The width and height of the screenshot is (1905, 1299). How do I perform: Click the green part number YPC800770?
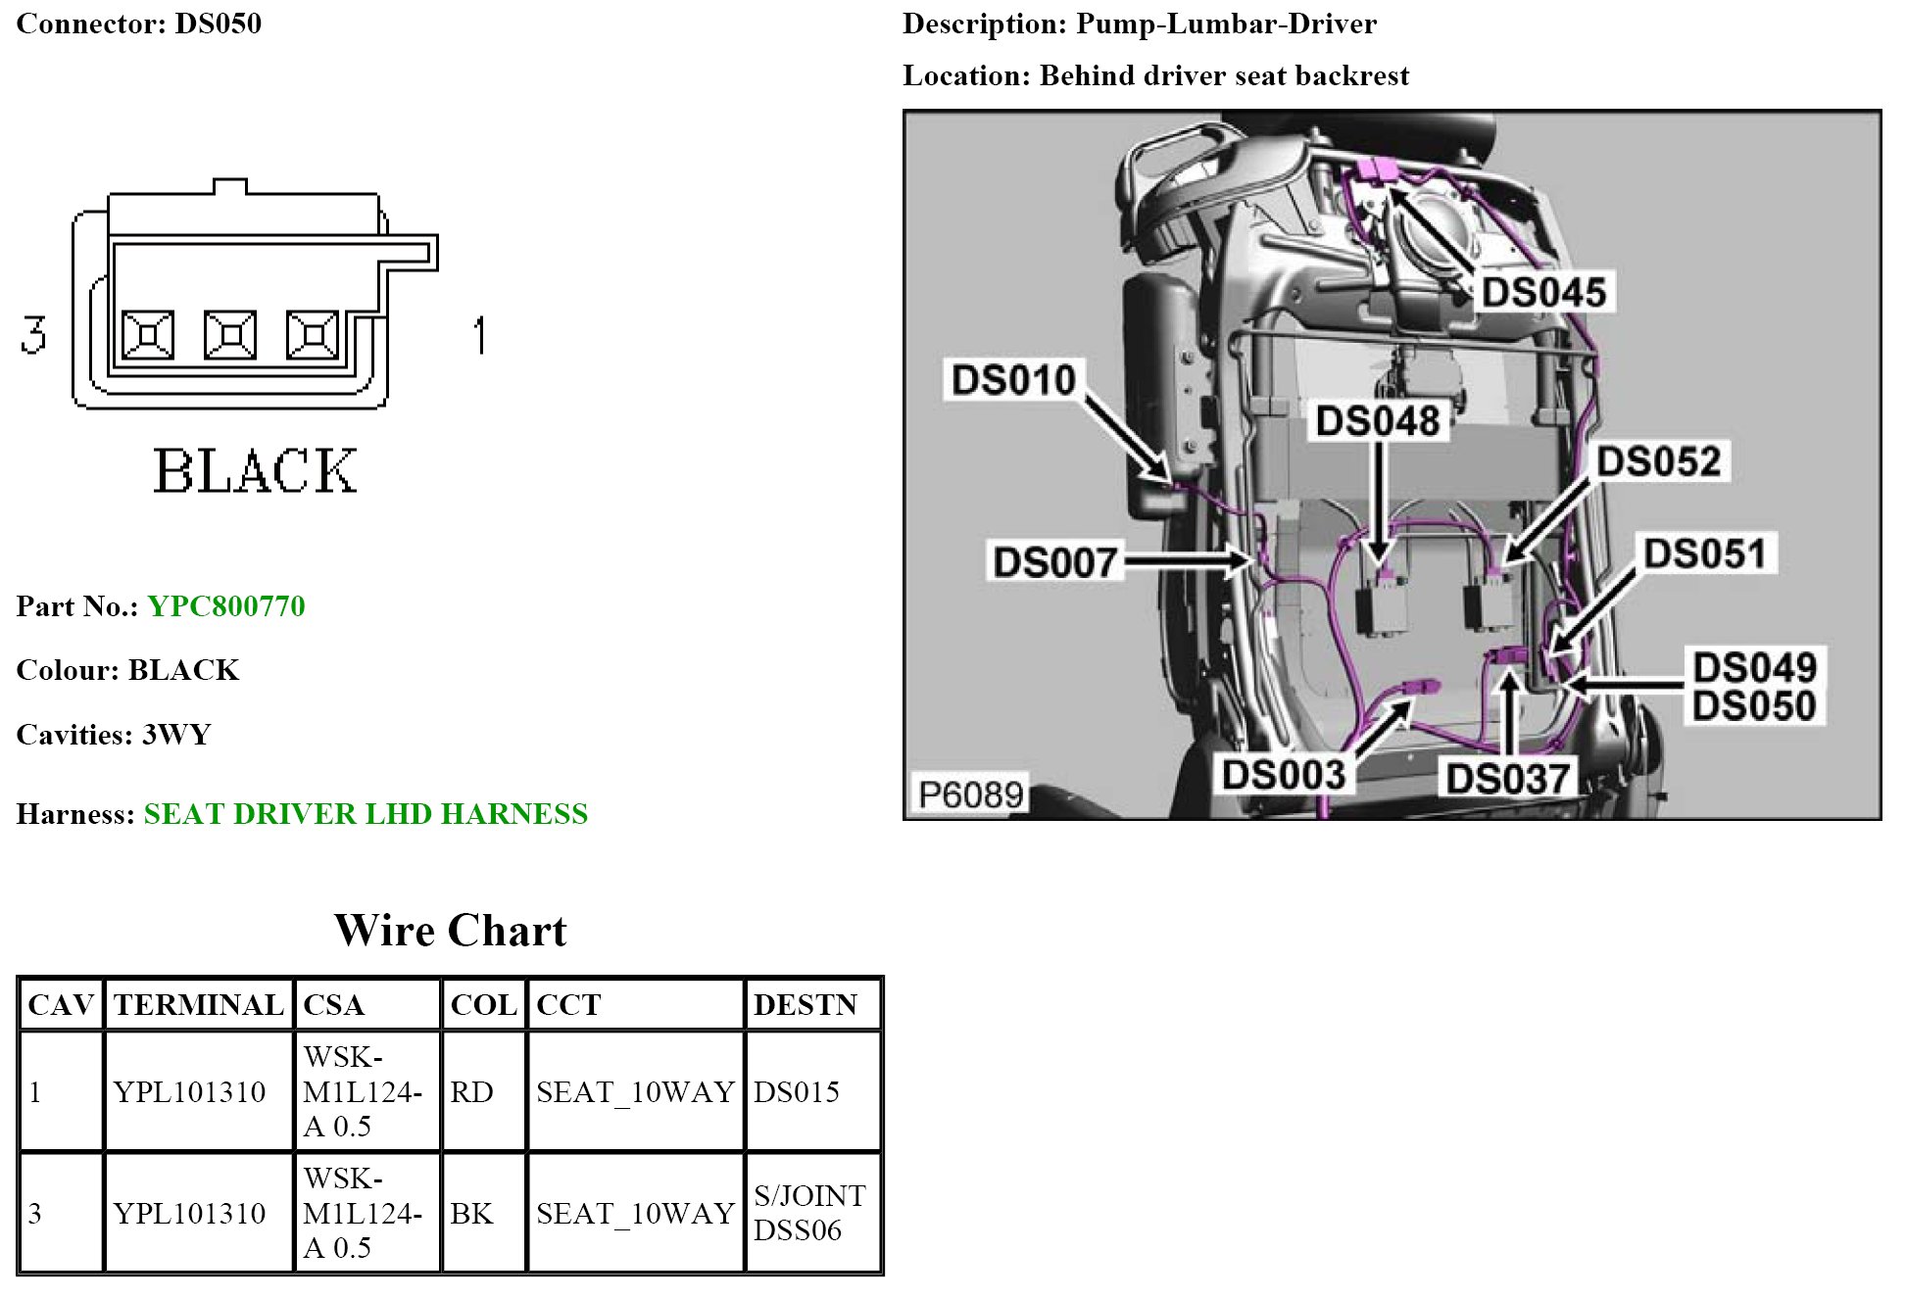[225, 606]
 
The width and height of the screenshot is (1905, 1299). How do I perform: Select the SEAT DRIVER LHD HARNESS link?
[366, 814]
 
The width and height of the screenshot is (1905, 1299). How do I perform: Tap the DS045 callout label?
[1542, 292]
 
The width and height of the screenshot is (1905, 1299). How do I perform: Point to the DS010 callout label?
[1013, 380]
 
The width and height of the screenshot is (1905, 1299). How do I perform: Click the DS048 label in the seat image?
[1377, 421]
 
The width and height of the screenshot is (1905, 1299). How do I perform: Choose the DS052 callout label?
[1658, 461]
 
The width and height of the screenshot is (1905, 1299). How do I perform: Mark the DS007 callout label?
[1054, 562]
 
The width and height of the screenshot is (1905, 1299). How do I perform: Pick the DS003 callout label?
[1283, 775]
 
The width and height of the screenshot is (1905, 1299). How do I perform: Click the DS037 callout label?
[1507, 779]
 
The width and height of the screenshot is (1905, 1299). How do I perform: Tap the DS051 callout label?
[1705, 553]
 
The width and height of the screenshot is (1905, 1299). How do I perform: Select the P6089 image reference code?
[970, 794]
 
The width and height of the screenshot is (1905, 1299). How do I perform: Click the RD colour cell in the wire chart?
[471, 1091]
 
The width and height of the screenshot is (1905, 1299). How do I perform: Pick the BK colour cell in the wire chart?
[471, 1213]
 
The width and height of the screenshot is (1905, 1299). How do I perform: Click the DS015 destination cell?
[796, 1091]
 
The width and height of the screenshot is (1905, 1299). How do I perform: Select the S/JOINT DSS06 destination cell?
[809, 1213]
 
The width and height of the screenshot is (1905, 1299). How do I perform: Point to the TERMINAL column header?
[198, 1004]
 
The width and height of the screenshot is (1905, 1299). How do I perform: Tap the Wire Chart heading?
[451, 931]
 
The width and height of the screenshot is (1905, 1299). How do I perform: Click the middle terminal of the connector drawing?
[230, 335]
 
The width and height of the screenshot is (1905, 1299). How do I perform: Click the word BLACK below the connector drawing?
[255, 471]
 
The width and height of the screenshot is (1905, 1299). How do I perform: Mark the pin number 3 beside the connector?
[33, 334]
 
